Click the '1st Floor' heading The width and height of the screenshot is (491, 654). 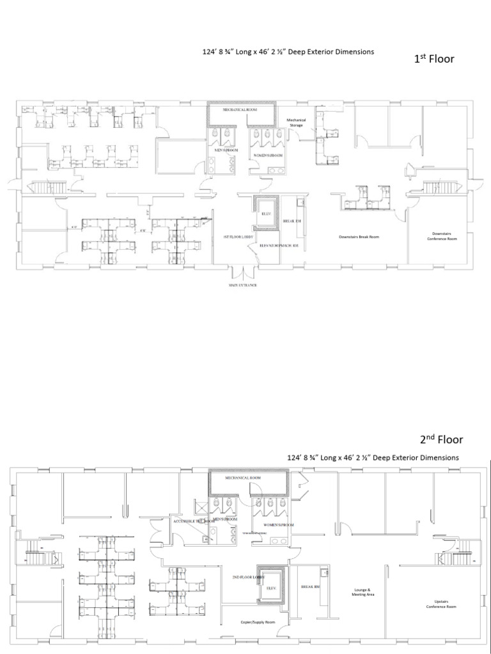[434, 59]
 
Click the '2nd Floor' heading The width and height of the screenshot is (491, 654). [441, 439]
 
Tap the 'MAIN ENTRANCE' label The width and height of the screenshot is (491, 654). [242, 285]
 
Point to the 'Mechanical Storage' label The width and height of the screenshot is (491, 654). [296, 123]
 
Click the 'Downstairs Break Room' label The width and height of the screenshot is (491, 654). [359, 236]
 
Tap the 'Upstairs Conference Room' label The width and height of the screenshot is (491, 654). [441, 604]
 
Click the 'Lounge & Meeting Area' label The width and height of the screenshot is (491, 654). [362, 591]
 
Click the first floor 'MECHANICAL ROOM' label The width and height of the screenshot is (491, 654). [240, 110]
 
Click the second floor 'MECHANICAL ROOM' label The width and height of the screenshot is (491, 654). [242, 477]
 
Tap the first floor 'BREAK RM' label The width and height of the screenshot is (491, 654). [292, 221]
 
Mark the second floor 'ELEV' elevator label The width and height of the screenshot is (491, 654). [270, 587]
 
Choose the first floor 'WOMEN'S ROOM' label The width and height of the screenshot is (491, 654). [269, 156]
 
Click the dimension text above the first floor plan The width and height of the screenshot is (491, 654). [287, 52]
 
